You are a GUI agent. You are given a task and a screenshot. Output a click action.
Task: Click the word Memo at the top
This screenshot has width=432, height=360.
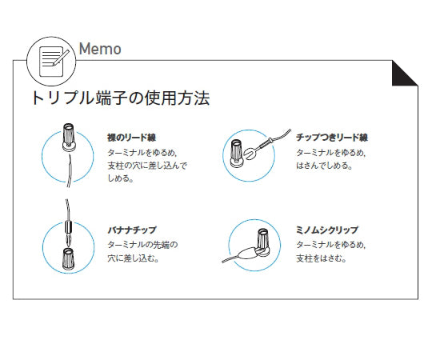tap(100, 49)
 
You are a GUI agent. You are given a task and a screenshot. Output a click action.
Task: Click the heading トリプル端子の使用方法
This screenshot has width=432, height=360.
tap(120, 99)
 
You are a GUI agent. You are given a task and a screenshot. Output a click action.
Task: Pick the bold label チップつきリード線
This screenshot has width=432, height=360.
tap(331, 138)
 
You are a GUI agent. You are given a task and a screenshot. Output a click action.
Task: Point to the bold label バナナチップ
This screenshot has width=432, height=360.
tap(131, 230)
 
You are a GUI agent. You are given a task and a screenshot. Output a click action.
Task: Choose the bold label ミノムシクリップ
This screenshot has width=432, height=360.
tap(327, 230)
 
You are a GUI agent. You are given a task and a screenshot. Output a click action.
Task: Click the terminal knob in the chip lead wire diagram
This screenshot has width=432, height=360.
tap(237, 151)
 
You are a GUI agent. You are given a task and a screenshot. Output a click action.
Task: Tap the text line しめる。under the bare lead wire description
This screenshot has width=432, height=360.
tap(121, 179)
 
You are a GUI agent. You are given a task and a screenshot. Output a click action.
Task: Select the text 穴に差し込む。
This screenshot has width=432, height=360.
tap(132, 258)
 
